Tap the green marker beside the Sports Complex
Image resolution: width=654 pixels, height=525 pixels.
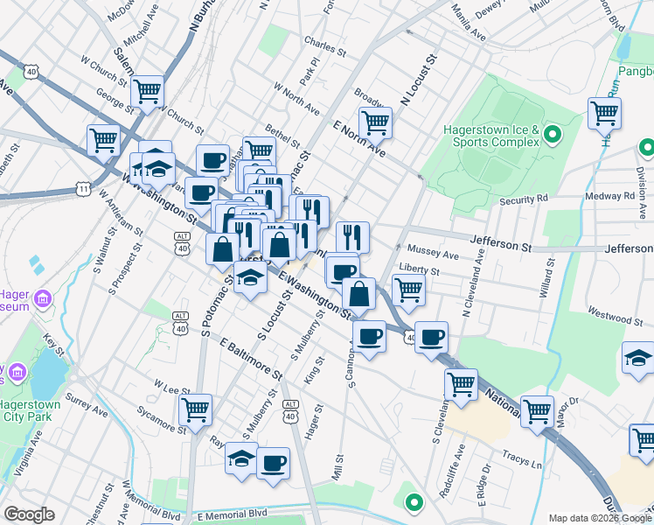pyautogui.click(x=552, y=134)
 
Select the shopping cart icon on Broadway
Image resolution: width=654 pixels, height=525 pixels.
pyautogui.click(x=375, y=122)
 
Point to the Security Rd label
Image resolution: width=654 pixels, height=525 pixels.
pyautogui.click(x=523, y=199)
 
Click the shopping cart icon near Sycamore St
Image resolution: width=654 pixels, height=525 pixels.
pyautogui.click(x=195, y=409)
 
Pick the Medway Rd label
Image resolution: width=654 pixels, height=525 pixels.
pyautogui.click(x=614, y=196)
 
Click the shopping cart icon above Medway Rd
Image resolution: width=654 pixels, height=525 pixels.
pyautogui.click(x=604, y=113)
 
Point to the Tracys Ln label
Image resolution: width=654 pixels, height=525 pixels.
pyautogui.click(x=523, y=458)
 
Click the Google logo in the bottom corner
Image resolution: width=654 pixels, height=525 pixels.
pyautogui.click(x=29, y=514)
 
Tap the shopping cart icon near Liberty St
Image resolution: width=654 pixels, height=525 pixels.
pyautogui.click(x=408, y=288)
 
